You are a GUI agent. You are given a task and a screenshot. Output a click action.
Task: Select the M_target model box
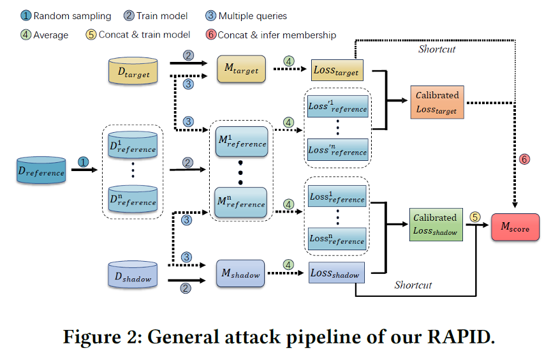click(x=240, y=69)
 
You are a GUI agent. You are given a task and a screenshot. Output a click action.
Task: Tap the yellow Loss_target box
click(x=337, y=70)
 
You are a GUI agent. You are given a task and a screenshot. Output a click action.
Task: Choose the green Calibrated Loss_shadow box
click(x=435, y=223)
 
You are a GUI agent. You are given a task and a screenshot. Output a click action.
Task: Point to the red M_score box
click(x=515, y=227)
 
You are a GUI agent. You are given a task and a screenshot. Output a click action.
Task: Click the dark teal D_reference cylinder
click(x=41, y=170)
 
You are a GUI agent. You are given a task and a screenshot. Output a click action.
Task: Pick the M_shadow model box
click(x=240, y=274)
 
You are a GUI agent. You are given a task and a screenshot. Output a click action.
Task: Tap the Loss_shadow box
click(x=335, y=273)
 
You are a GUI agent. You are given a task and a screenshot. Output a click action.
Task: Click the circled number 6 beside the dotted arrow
click(x=525, y=159)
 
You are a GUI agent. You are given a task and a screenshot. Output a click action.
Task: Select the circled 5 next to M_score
click(x=474, y=216)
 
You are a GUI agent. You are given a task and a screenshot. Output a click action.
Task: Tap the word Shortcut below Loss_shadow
click(x=413, y=285)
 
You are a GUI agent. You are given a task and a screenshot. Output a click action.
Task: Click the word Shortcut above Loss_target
click(x=437, y=49)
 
